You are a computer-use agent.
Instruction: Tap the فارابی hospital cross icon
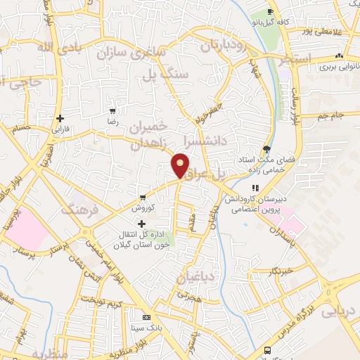(x=60, y=118)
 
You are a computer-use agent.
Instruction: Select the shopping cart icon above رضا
(x=112, y=111)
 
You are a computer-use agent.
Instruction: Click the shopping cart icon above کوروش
(x=143, y=198)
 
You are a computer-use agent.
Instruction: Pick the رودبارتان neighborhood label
(x=223, y=46)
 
